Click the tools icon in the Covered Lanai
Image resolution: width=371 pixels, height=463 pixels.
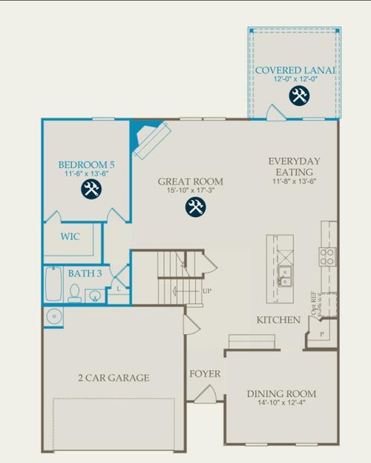(299, 95)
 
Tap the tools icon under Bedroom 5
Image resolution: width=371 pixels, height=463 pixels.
(91, 189)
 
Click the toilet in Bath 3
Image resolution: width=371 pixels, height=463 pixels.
(75, 295)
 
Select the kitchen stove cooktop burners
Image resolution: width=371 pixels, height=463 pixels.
(327, 256)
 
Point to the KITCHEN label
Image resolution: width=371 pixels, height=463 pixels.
(278, 320)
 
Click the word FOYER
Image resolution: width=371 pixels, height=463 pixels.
(205, 374)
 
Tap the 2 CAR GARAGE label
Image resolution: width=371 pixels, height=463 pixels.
(114, 378)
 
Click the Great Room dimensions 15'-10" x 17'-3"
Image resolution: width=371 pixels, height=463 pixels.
(190, 192)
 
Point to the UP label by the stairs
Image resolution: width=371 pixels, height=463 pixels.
(207, 291)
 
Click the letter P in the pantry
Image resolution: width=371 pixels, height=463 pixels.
(321, 335)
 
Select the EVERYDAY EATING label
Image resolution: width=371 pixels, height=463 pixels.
(294, 167)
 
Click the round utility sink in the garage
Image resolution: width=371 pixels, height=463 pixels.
(53, 317)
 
